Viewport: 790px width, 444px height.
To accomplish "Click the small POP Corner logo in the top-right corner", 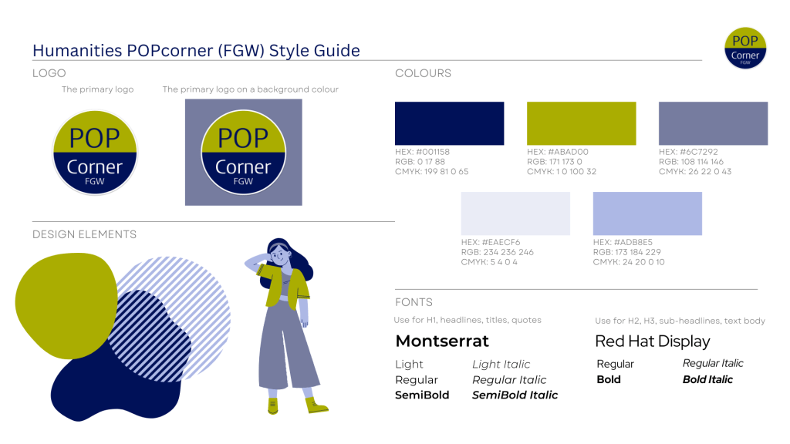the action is pyautogui.click(x=745, y=48).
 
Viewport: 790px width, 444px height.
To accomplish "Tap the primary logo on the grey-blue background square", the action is pyautogui.click(x=243, y=152).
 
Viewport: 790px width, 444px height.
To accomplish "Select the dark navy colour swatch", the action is pyautogui.click(x=450, y=123).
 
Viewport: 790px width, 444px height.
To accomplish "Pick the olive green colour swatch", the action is pyautogui.click(x=582, y=123).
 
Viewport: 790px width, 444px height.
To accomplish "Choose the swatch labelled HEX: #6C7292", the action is pyautogui.click(x=714, y=123).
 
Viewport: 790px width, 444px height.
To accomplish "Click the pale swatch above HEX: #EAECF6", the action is pyautogui.click(x=515, y=214).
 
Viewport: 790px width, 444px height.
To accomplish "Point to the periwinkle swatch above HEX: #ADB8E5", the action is pyautogui.click(x=647, y=214).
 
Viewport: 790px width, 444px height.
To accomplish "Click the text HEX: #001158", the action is pyautogui.click(x=422, y=152).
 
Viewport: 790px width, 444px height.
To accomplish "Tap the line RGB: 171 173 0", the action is pyautogui.click(x=555, y=162).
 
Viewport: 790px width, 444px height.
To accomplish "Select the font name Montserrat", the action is pyautogui.click(x=442, y=341).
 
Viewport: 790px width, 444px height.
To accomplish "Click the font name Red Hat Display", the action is pyautogui.click(x=653, y=341).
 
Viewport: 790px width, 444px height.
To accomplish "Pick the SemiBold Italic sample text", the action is pyautogui.click(x=515, y=395).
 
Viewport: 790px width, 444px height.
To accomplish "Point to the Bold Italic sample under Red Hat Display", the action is pyautogui.click(x=708, y=379).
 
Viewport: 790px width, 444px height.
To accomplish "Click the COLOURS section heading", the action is pyautogui.click(x=424, y=73).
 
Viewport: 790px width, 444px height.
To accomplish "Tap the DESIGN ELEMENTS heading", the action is pyautogui.click(x=84, y=234).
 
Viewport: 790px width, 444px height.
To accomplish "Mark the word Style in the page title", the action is pyautogui.click(x=289, y=51).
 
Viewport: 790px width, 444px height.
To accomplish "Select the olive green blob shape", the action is pyautogui.click(x=66, y=305).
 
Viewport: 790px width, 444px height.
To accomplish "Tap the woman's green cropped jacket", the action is pyautogui.click(x=283, y=286).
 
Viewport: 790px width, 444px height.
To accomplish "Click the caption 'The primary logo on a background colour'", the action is pyautogui.click(x=251, y=89).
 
